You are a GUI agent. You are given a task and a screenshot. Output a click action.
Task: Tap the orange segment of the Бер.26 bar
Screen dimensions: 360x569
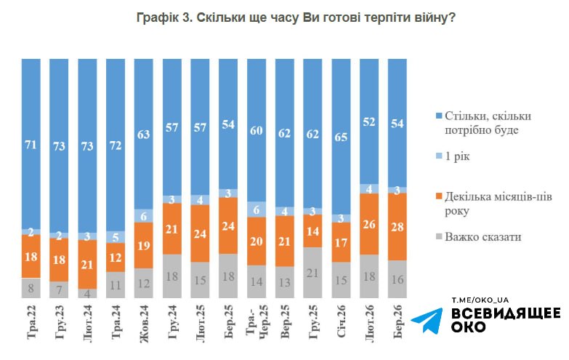tap(398, 227)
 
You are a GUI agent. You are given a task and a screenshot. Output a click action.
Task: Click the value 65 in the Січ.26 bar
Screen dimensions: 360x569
tap(342, 135)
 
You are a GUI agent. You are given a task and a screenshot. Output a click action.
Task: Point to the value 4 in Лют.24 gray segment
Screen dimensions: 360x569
tap(87, 293)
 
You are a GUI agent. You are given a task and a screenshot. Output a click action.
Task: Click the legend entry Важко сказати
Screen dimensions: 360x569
tap(480, 236)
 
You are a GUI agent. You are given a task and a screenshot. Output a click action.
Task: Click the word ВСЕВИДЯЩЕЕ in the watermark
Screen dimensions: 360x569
tap(506, 313)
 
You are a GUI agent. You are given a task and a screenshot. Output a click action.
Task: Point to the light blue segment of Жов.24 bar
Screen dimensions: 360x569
tap(144, 215)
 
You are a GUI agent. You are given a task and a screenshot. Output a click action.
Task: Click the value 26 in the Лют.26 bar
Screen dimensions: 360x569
tap(369, 225)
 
